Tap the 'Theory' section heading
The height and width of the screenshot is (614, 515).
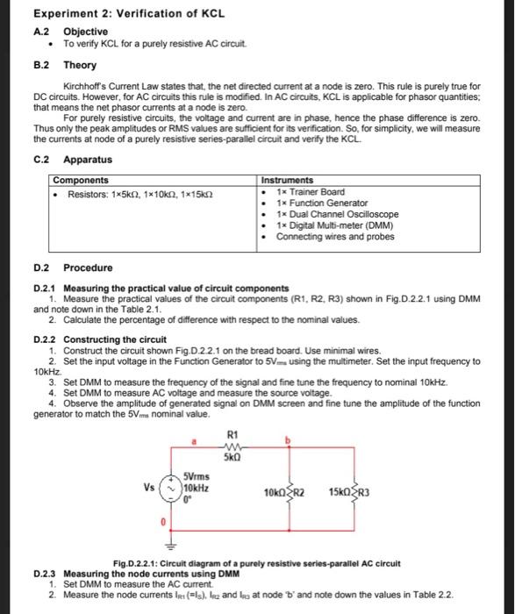pos(80,66)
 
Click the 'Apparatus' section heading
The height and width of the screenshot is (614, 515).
pos(88,160)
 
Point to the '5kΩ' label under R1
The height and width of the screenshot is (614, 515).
pos(232,458)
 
